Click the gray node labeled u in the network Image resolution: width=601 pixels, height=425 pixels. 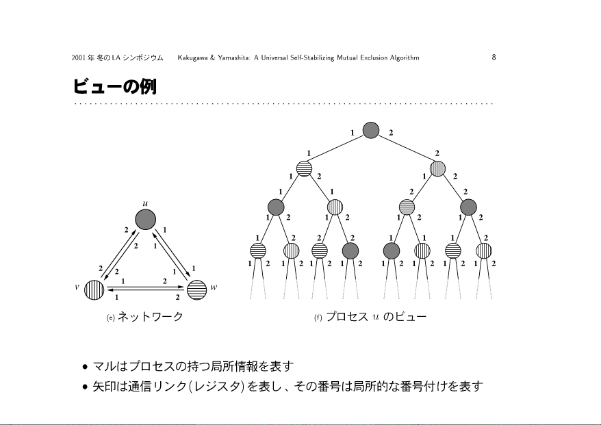pyautogui.click(x=145, y=220)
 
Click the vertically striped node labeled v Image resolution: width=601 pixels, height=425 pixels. pyautogui.click(x=94, y=289)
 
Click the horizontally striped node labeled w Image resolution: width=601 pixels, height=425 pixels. pyautogui.click(x=196, y=289)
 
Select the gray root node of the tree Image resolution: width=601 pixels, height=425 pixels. pyautogui.click(x=370, y=129)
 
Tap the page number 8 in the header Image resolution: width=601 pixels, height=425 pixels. pyautogui.click(x=494, y=57)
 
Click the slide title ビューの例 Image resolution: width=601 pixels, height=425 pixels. pyautogui.click(x=114, y=87)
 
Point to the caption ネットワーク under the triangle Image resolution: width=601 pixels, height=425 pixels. pyautogui.click(x=150, y=317)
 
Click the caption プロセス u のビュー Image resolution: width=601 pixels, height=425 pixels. pyautogui.click(x=376, y=317)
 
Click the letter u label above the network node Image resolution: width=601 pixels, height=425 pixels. pyautogui.click(x=145, y=203)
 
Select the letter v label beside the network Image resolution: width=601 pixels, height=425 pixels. pyautogui.click(x=77, y=287)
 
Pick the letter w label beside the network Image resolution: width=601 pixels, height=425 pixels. pyautogui.click(x=214, y=287)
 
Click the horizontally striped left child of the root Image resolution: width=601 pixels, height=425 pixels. pyautogui.click(x=305, y=168)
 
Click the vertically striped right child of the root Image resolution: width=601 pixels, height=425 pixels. pyautogui.click(x=437, y=168)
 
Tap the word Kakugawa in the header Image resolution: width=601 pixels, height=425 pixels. pyautogui.click(x=194, y=58)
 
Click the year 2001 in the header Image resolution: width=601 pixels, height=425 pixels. pyautogui.click(x=78, y=58)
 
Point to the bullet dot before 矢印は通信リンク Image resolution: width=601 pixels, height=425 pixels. pyautogui.click(x=85, y=388)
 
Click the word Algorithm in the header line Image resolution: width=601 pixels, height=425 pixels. pyautogui.click(x=404, y=58)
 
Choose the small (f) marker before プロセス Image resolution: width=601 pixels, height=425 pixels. pyautogui.click(x=318, y=318)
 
